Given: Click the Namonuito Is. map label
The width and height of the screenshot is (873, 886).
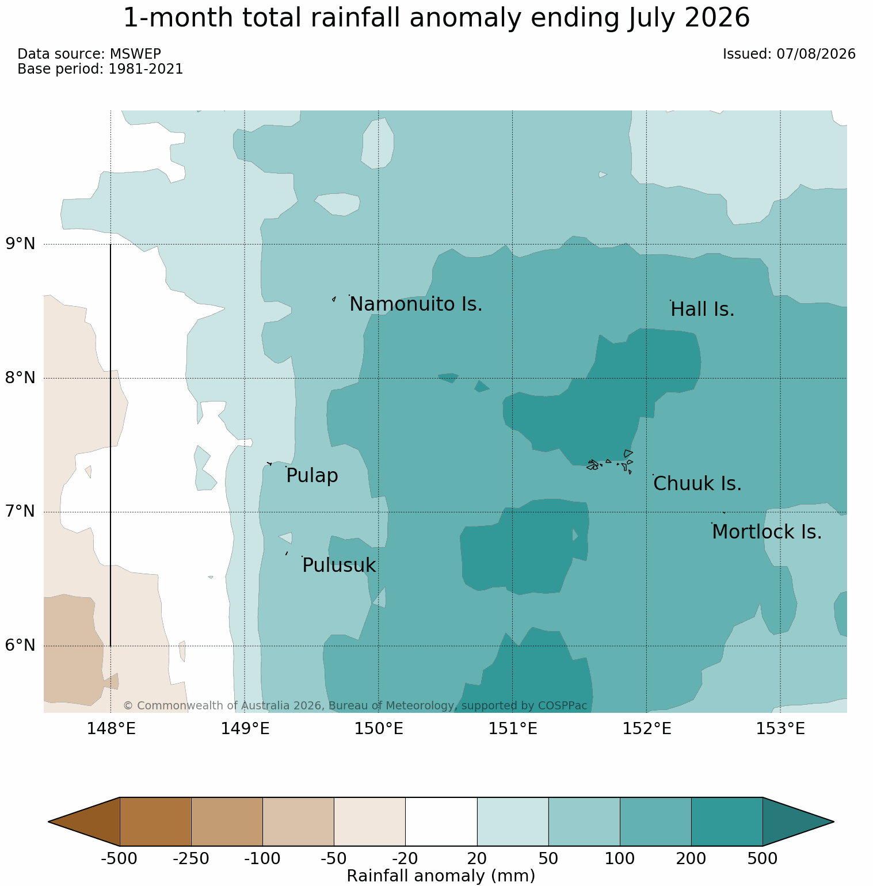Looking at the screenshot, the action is point(416,304).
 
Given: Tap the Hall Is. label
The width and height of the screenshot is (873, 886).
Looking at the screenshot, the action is point(703,310).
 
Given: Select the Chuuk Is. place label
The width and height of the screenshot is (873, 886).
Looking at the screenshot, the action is point(697,484).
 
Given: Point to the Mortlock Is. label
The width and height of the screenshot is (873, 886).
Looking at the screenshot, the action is point(767,532).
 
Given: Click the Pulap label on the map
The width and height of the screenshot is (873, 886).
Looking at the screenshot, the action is point(312,476).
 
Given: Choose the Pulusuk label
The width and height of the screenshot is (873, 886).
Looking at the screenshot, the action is point(339,566).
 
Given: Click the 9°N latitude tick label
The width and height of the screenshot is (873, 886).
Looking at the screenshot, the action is point(21,244).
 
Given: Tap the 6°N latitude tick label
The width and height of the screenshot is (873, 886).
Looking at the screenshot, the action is point(21,646).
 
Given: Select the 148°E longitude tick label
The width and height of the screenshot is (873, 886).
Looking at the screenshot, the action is point(111,729).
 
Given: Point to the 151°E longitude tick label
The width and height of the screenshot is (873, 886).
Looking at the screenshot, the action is point(513,729).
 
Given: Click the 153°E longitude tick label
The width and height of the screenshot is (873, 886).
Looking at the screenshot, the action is point(780,729).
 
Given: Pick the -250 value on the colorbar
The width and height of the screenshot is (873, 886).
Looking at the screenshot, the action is point(191,859).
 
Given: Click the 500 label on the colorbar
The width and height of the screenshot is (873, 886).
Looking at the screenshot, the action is point(763,859).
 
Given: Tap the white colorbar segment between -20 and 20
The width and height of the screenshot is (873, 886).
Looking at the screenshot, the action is point(441,822).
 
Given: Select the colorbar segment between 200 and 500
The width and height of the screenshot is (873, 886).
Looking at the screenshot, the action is point(727,822).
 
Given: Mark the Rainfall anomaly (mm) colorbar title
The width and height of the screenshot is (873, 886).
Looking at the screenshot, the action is point(441,876).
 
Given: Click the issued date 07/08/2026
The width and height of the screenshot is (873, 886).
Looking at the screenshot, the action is point(816,54).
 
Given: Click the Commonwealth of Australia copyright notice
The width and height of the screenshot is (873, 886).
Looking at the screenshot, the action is point(355,706).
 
